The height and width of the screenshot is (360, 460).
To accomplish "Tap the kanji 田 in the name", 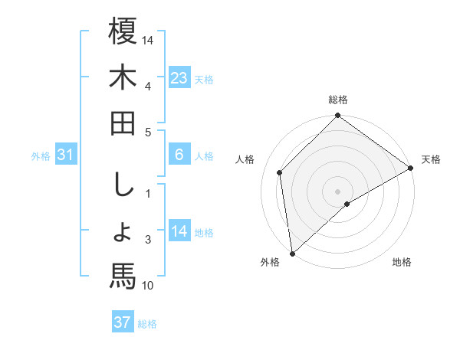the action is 123,124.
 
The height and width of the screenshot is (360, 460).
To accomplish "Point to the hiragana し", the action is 123,184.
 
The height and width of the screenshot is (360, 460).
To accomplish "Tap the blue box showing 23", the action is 179,77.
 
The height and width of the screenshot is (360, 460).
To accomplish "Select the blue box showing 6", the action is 179,155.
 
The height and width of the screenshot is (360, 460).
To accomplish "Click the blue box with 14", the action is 179,231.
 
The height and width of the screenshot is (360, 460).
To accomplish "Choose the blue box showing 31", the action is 65,155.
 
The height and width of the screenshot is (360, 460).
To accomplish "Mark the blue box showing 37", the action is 123,322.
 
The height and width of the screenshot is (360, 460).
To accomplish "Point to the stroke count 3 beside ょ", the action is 148,241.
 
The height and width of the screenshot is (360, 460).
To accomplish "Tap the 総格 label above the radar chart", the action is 338,100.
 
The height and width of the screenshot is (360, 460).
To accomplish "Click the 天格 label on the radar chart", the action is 431,159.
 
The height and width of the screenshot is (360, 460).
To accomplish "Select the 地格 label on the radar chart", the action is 402,263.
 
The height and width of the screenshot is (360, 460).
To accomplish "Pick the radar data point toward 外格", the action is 291,254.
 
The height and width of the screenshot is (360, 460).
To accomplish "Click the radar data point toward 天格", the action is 411,169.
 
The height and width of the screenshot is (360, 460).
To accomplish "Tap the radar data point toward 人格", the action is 280,172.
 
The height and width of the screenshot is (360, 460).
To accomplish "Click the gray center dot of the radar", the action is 338,190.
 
